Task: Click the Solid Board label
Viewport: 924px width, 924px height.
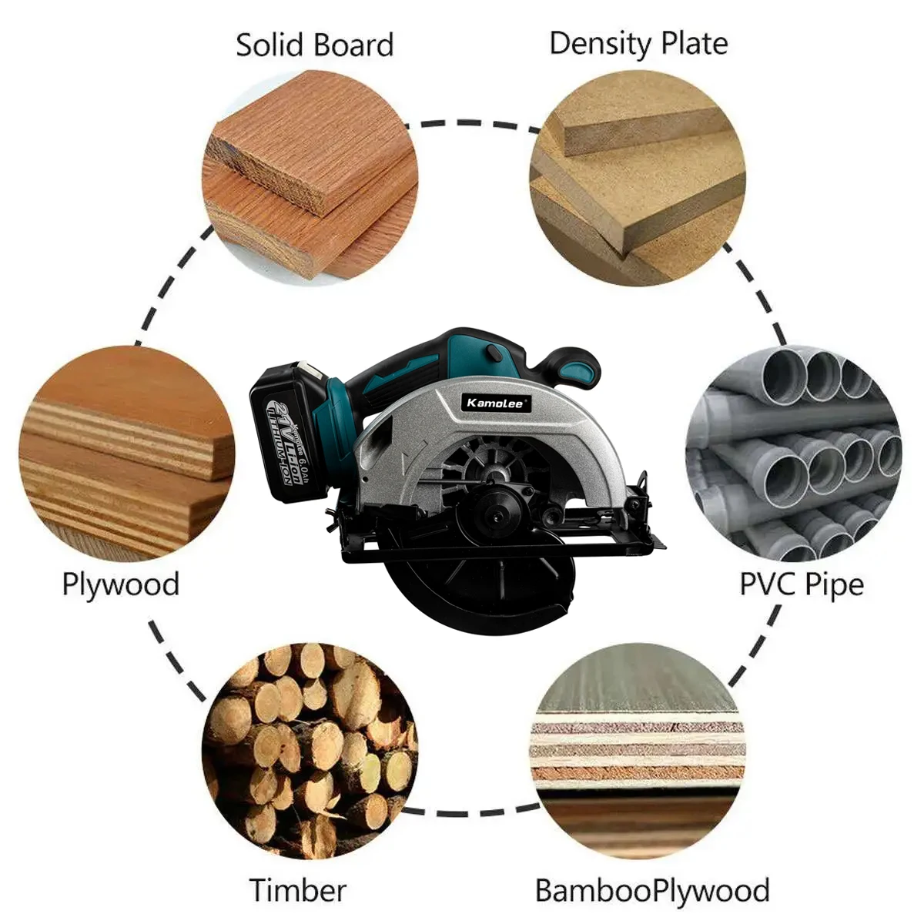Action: tap(314, 45)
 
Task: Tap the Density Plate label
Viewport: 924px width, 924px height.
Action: tap(638, 44)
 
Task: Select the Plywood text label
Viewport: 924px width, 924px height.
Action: tap(120, 584)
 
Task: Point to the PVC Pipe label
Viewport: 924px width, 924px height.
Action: tap(802, 584)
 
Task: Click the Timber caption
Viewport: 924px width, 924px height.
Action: tap(298, 890)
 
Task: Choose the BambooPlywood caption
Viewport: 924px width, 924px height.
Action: tap(652, 890)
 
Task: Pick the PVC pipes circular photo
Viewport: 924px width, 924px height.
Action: tap(793, 454)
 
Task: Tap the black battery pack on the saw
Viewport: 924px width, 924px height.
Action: tap(289, 435)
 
